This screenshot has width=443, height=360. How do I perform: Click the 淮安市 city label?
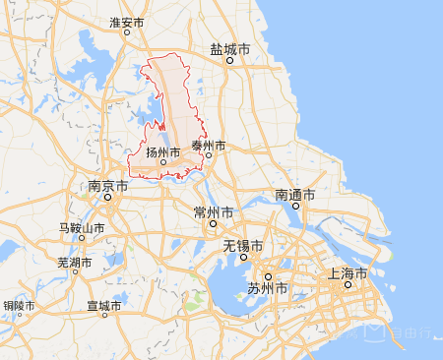coord(127,22)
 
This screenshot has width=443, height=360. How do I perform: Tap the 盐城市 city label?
coord(229,47)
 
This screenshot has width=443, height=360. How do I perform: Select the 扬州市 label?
coord(163,152)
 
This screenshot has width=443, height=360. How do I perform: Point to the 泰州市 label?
coord(208,146)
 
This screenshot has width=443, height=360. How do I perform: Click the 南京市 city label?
coord(107,185)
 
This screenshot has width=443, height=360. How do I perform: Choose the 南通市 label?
coord(294,195)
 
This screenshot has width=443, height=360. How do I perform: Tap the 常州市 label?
coord(214,212)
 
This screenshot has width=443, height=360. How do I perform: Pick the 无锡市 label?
coord(242,246)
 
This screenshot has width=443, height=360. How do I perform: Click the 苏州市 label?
coord(267,289)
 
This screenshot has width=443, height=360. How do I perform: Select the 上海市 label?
coord(347,272)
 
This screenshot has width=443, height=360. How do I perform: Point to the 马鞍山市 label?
coord(83,228)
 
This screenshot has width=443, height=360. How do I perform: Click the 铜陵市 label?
coord(20,307)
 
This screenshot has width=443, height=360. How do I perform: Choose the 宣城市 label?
coord(104,306)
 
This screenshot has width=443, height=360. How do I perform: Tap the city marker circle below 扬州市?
coord(163,162)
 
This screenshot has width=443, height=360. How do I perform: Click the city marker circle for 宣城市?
coord(104,317)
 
